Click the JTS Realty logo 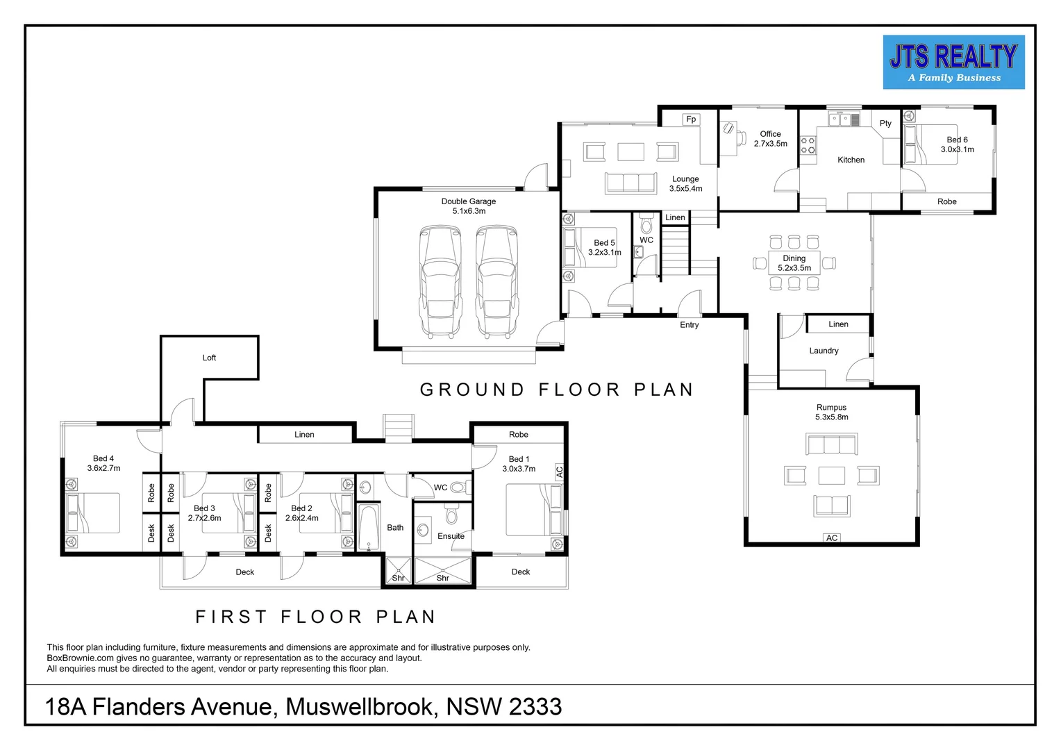[x=953, y=62]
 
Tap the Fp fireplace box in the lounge [x=691, y=119]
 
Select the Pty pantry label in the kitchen [x=885, y=123]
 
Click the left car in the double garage [x=440, y=281]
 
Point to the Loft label [x=209, y=358]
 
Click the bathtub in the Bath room [x=369, y=527]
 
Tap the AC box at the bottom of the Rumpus [x=832, y=537]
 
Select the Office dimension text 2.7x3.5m [x=771, y=144]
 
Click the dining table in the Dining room [x=794, y=263]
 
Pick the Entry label [x=690, y=324]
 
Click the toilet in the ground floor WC [x=646, y=224]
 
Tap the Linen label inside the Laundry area [x=838, y=324]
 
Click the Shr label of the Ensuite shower [x=442, y=578]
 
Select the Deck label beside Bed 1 [x=521, y=572]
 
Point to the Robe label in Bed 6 [x=947, y=201]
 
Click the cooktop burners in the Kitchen [x=808, y=145]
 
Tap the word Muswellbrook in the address [x=359, y=706]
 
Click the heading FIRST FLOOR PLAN [x=315, y=617]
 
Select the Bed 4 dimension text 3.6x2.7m [x=103, y=468]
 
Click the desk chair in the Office [x=728, y=128]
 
